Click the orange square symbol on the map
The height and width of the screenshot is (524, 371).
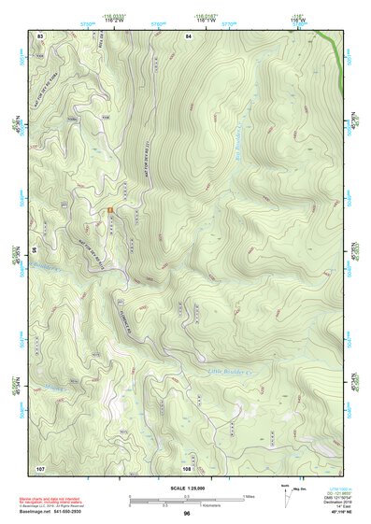pos(110,210)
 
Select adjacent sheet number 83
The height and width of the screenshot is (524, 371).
pos(40,35)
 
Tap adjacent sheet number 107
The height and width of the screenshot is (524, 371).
pos(40,466)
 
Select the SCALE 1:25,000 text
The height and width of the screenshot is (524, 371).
pos(186,488)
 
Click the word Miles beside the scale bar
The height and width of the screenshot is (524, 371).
pos(249,496)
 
